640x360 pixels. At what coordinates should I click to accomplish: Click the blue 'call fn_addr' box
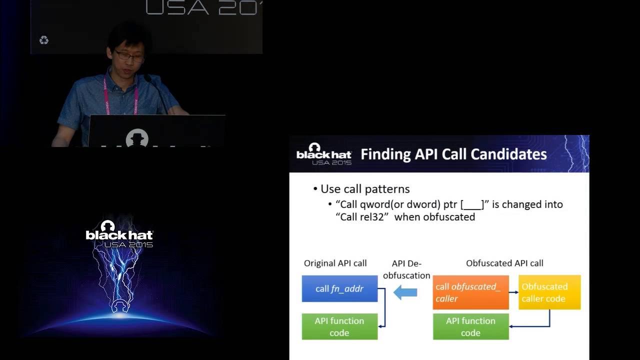[339, 288]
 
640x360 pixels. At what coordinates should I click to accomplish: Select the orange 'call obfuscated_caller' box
[470, 292]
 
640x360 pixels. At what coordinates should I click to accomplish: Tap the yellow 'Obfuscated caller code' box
[549, 292]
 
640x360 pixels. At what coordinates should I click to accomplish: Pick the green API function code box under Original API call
[339, 326]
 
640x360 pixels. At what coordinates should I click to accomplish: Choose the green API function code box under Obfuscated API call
[470, 326]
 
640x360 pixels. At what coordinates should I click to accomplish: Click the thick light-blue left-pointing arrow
[405, 292]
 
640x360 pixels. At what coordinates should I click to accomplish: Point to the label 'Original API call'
[335, 263]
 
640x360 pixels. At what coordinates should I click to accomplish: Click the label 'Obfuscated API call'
[504, 263]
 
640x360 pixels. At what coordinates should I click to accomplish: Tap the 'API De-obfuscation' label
[406, 269]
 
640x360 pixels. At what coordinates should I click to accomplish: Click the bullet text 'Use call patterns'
[365, 189]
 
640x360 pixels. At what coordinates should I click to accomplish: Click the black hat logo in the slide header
[324, 154]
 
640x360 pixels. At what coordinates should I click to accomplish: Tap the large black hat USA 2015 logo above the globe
[119, 234]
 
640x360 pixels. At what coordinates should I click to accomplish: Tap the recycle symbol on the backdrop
[44, 40]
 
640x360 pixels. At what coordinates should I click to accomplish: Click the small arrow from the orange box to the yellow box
[513, 292]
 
